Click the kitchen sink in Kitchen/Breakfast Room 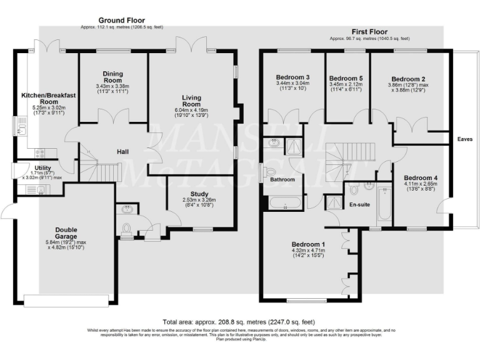21,131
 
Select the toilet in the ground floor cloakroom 126,227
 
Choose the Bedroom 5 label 345,78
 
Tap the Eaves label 464,139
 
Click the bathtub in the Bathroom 284,203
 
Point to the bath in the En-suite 384,203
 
